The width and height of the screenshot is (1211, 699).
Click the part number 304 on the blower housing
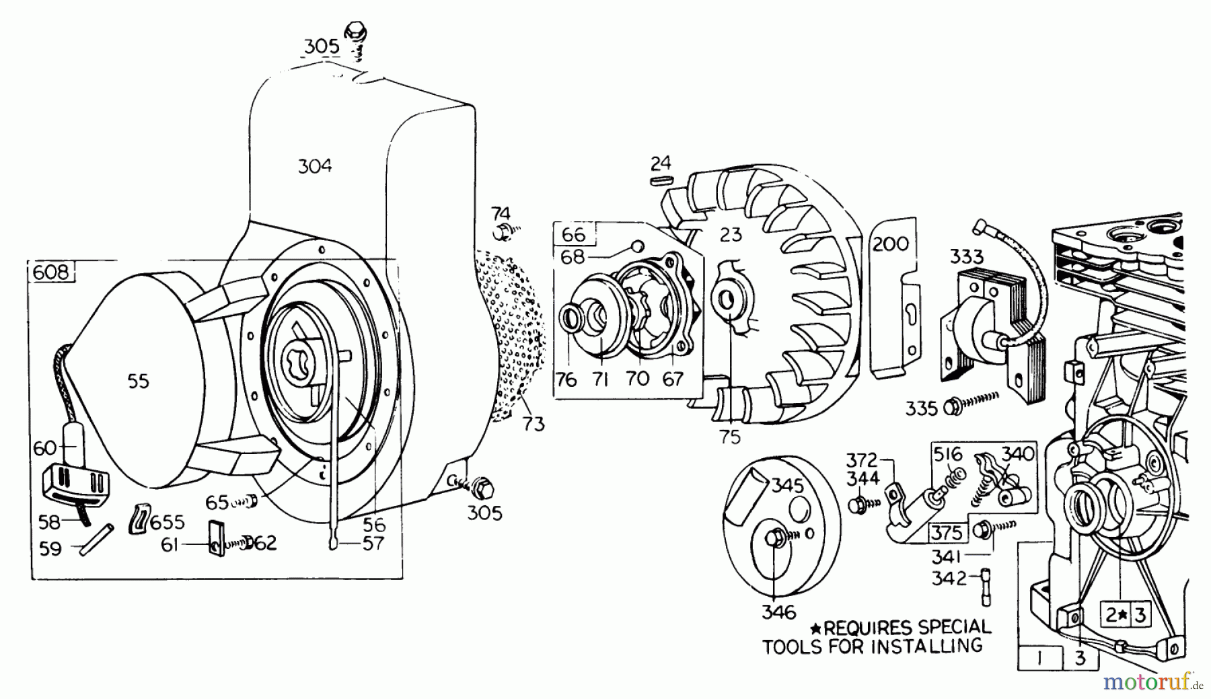click(315, 165)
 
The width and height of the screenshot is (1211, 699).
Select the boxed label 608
click(51, 272)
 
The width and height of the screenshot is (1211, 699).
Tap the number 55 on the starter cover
click(139, 381)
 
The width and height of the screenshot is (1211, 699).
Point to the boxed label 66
click(573, 234)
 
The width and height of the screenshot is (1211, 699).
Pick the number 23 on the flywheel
click(730, 234)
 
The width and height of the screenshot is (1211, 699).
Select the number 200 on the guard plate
click(890, 244)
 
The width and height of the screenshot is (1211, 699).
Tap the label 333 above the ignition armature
click(967, 256)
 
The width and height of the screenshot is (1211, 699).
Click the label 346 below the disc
click(778, 612)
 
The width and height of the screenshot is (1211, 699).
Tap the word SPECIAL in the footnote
click(956, 628)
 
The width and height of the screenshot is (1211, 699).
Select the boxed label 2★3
click(1125, 614)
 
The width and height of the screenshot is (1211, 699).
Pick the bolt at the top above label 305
click(355, 32)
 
